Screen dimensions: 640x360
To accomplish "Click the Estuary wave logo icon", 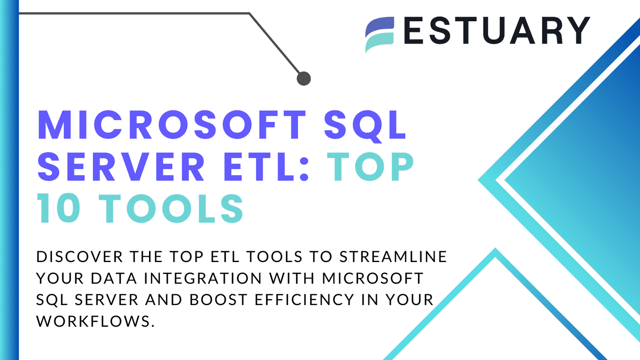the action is (380, 34).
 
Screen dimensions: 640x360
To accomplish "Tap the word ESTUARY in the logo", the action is (497, 30).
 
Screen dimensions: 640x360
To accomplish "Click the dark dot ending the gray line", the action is (304, 78).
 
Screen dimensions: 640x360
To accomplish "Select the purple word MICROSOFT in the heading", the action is (172, 125).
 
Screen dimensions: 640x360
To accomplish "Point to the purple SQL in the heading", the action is (365, 126).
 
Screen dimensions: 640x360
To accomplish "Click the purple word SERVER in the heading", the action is (121, 166).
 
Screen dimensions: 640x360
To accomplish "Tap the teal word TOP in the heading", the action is (370, 166).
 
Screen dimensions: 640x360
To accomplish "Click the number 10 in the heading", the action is (59, 208).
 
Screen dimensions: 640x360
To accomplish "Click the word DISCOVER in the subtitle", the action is (80, 256).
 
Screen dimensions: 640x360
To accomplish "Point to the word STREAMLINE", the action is (393, 256).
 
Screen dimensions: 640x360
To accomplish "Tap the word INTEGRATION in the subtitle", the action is (203, 278).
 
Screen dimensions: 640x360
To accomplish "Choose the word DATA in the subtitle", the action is (114, 278).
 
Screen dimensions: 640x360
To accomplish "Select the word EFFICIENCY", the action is (304, 300).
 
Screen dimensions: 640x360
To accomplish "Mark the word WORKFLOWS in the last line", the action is (93, 321).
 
